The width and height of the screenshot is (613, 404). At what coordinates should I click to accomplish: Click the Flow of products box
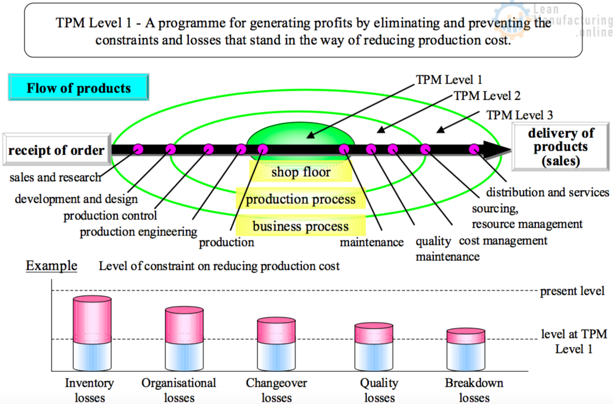79,88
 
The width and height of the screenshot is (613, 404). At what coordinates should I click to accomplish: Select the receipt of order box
56,150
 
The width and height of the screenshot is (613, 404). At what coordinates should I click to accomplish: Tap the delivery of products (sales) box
561,147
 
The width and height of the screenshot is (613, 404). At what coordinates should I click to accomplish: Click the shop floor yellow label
300,172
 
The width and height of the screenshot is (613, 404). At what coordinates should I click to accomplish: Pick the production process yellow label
300,199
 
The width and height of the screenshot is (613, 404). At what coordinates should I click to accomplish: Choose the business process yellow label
300,226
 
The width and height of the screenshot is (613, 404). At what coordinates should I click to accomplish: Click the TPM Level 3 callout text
519,115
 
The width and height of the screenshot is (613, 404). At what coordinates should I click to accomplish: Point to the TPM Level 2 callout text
487,96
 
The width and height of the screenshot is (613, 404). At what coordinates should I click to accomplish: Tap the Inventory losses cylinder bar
93,333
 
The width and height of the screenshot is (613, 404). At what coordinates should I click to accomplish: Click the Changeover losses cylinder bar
276,344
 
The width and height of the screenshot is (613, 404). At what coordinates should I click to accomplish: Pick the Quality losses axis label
379,390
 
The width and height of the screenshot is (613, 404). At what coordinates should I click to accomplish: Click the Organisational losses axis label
178,390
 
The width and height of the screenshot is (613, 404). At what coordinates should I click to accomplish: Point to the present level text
572,291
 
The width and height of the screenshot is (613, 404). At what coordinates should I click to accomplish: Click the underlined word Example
52,265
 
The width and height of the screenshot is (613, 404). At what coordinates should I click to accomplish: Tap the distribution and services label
547,192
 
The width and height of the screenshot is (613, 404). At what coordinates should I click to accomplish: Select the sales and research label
55,177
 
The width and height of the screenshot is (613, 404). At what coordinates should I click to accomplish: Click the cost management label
503,241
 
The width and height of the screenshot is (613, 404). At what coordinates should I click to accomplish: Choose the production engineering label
138,232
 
